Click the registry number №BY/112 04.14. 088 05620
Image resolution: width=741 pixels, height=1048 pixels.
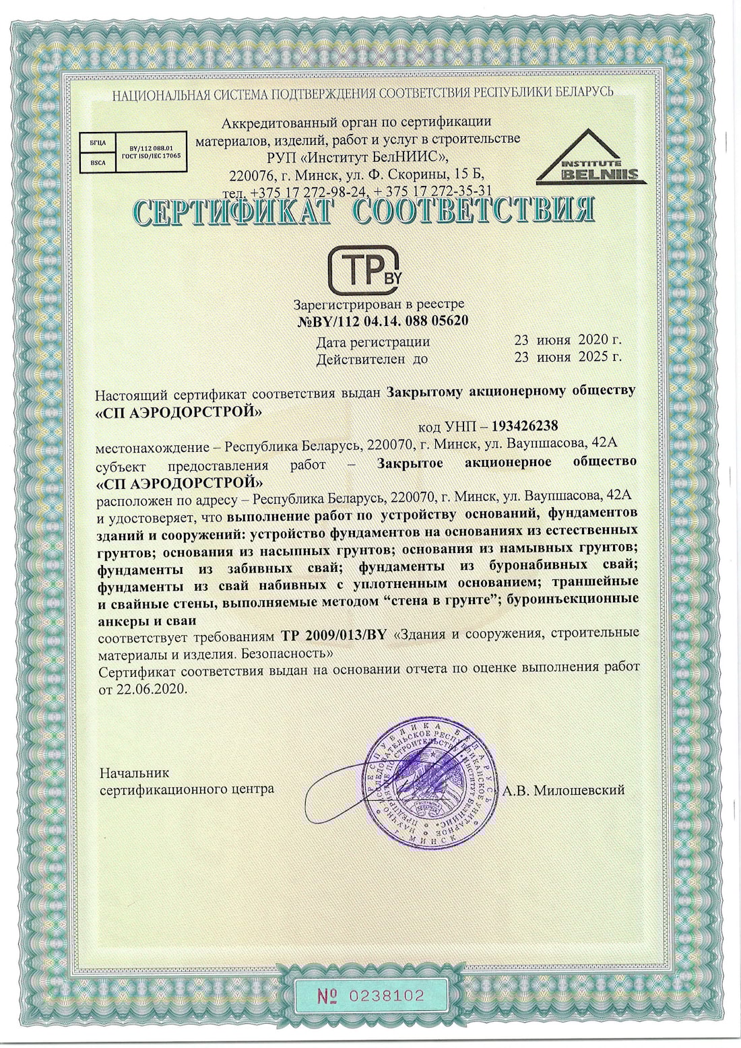coord(383,321)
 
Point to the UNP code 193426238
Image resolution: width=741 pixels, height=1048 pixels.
coord(525,426)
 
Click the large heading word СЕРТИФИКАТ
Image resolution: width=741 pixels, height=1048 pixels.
coord(232,211)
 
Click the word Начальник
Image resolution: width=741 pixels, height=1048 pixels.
coord(135,773)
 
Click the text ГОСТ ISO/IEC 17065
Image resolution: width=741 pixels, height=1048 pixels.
coord(151,156)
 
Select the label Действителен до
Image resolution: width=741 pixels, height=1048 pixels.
coord(372,359)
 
